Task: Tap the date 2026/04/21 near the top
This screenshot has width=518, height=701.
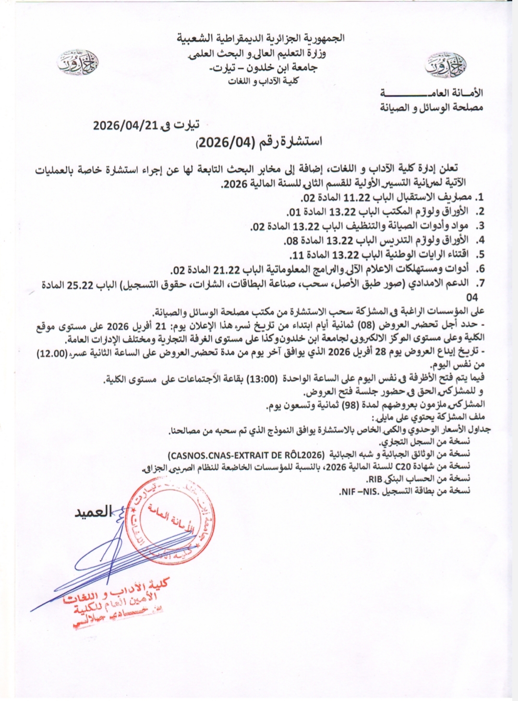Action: click(125, 126)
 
